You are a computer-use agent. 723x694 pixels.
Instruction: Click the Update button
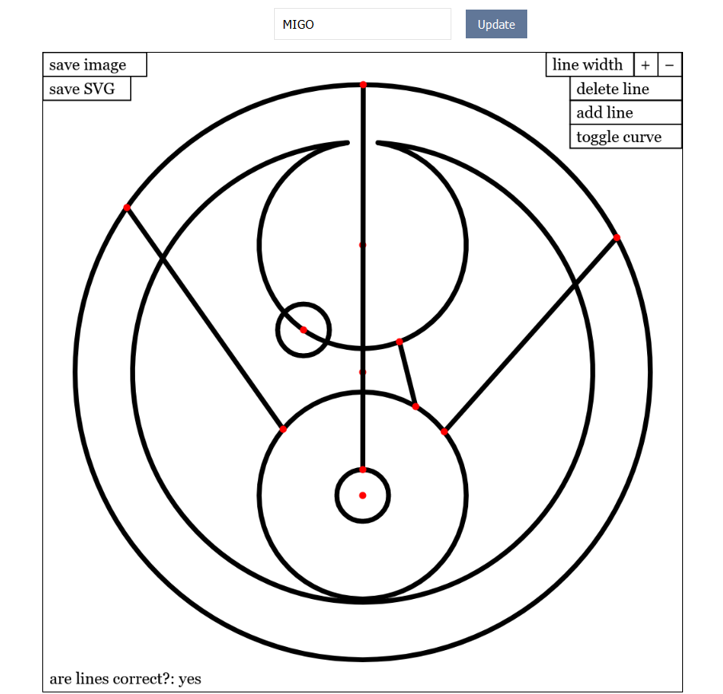click(x=496, y=24)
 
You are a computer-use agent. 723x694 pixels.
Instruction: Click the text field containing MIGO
click(x=362, y=24)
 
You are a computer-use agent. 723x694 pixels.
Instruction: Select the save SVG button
click(x=86, y=89)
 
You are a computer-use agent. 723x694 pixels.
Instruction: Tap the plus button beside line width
click(x=646, y=65)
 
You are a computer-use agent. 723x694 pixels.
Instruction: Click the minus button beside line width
click(x=670, y=65)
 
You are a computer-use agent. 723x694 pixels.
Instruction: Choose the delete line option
click(x=626, y=89)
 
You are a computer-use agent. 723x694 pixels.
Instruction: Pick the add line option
click(x=626, y=113)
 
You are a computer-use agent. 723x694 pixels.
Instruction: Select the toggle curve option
click(x=626, y=137)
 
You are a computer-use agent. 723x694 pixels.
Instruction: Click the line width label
click(x=589, y=65)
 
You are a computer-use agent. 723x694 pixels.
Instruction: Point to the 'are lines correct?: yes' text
click(x=125, y=679)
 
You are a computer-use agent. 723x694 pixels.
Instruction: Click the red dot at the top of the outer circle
click(x=363, y=85)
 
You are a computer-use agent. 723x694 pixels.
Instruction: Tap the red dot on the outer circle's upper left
click(x=127, y=208)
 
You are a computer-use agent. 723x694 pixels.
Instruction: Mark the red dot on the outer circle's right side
click(x=617, y=238)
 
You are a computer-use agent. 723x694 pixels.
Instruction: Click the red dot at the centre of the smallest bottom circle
click(x=363, y=495)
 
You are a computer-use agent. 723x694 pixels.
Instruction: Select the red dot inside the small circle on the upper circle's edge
click(x=304, y=330)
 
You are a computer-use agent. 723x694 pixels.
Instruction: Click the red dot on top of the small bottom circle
click(x=363, y=470)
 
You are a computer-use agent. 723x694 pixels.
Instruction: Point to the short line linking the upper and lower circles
click(x=407, y=375)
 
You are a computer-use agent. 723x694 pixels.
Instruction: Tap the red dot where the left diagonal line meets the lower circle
click(x=283, y=430)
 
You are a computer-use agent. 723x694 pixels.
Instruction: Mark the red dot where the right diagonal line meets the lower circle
click(x=444, y=432)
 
